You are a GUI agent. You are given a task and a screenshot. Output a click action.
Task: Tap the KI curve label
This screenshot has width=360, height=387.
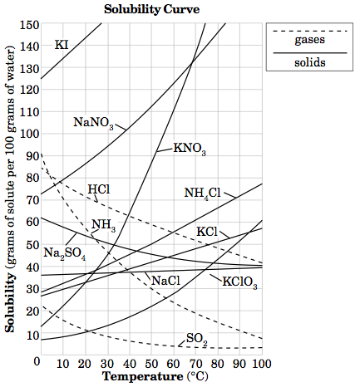(62, 44)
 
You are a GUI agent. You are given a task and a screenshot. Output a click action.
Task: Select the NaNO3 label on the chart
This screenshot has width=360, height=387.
(93, 123)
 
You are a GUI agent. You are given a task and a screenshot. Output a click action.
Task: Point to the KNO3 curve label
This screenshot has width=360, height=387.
(189, 149)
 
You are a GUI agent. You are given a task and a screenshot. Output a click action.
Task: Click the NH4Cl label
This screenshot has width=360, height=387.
(202, 193)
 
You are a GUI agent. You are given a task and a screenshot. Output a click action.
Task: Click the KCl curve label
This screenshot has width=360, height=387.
(206, 230)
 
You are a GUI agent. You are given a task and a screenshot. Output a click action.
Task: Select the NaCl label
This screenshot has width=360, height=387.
(165, 281)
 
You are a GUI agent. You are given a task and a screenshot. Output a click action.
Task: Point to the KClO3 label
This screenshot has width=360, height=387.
(240, 282)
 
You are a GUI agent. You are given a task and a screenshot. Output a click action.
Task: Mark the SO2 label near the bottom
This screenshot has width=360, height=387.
(196, 339)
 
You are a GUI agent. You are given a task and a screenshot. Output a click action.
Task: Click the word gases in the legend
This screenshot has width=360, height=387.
(309, 39)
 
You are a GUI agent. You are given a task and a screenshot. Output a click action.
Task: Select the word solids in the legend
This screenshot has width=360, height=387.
(309, 63)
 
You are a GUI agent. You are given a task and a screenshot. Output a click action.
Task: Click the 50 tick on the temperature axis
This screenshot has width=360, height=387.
(150, 362)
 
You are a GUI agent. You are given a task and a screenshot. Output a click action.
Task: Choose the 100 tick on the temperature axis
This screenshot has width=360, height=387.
(260, 362)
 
